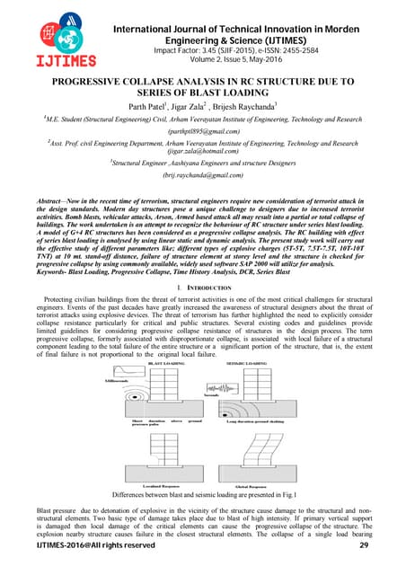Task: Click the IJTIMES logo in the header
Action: [x=48, y=34]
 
